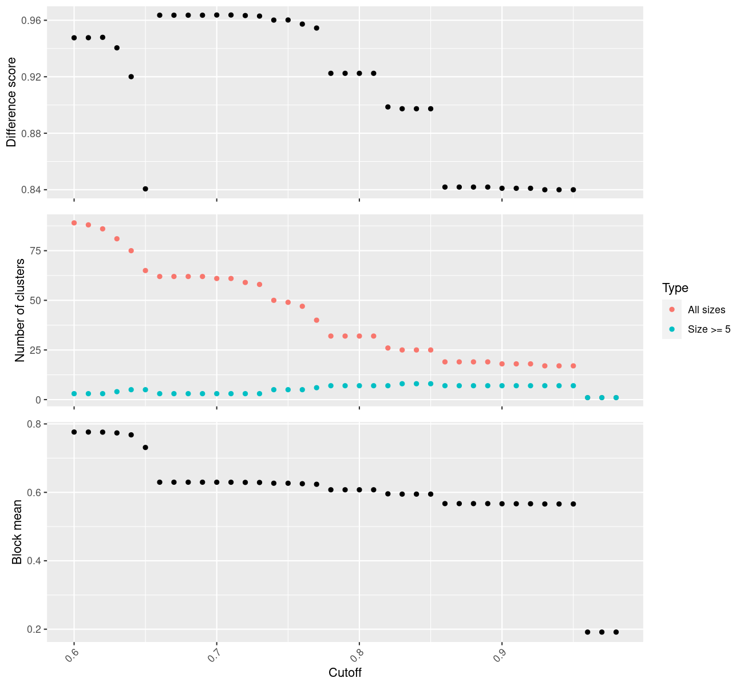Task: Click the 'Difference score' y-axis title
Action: click(x=11, y=102)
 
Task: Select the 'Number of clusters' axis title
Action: click(x=20, y=310)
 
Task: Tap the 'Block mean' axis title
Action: click(x=17, y=532)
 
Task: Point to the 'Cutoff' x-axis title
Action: click(x=345, y=672)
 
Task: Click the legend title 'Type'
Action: click(x=675, y=288)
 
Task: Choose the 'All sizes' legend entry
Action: click(x=706, y=310)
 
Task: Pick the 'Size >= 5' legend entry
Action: click(x=709, y=329)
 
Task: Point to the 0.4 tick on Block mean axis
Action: click(x=34, y=561)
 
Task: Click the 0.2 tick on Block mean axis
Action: click(x=34, y=629)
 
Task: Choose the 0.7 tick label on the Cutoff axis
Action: click(x=212, y=657)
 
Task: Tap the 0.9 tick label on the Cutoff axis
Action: click(x=497, y=657)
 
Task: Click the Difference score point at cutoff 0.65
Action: click(x=145, y=189)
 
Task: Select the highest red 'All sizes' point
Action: click(x=74, y=223)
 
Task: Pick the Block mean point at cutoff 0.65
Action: click(x=145, y=447)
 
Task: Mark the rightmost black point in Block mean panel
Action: click(x=616, y=632)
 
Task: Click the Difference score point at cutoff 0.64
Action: click(x=131, y=77)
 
